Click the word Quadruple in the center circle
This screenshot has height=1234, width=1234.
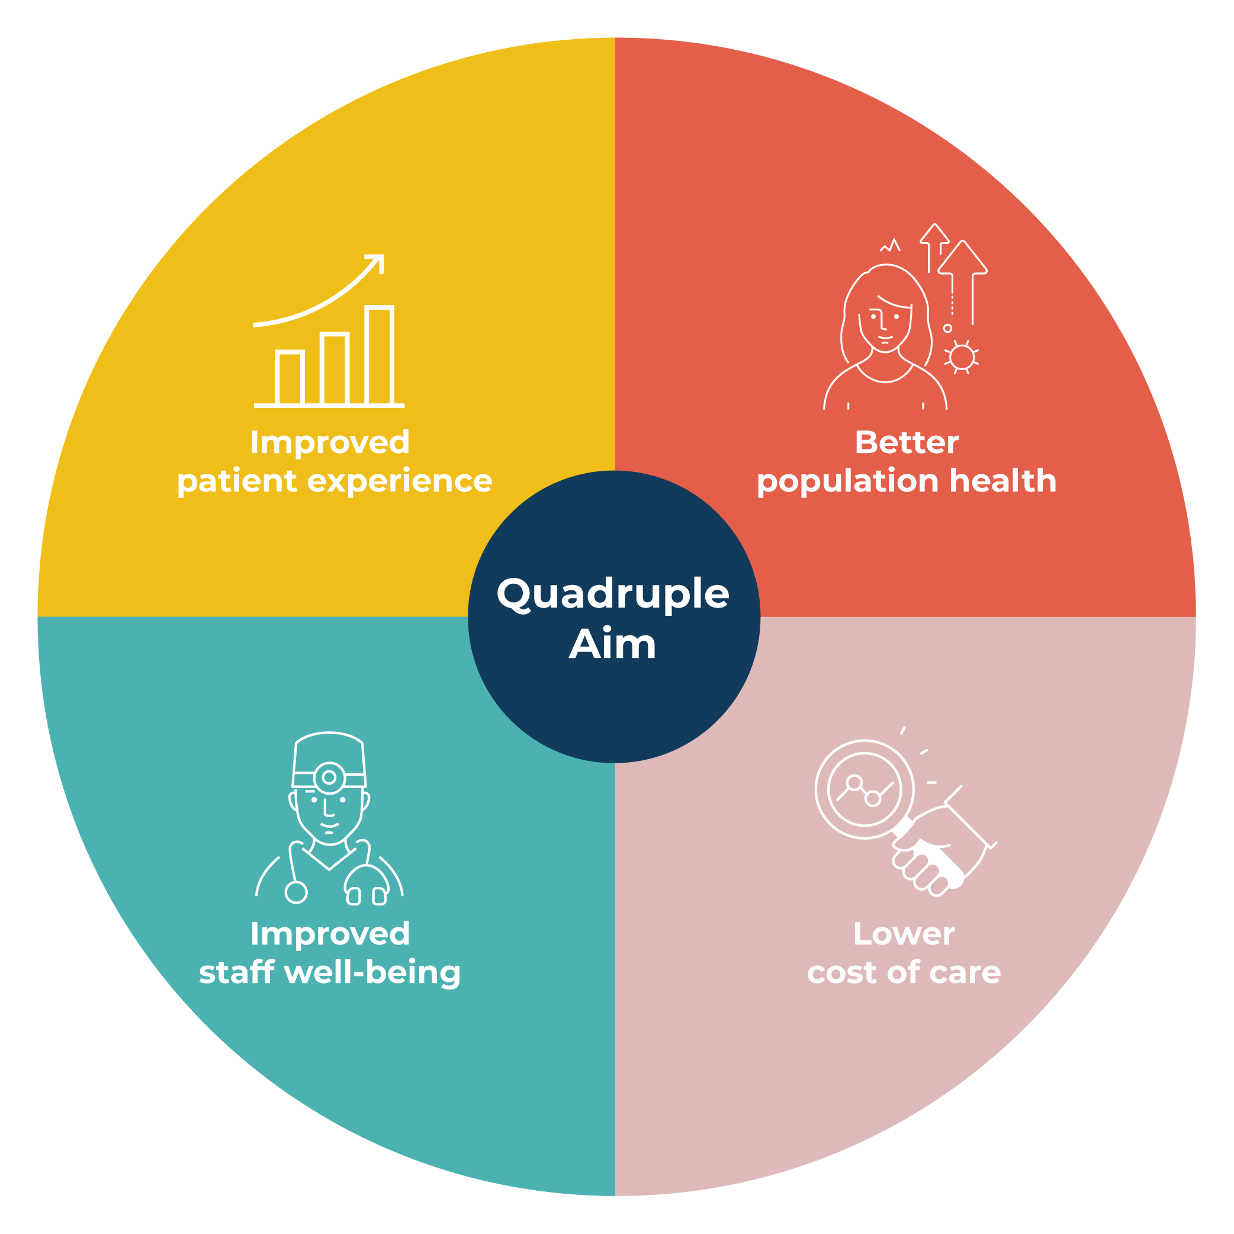(x=613, y=594)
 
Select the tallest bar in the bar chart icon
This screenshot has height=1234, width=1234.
(x=380, y=355)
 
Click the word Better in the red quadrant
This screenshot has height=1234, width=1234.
(x=907, y=443)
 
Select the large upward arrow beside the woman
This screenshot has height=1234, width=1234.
(x=963, y=282)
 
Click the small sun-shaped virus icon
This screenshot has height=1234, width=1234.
(x=961, y=358)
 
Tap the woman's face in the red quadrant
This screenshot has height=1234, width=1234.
(x=885, y=324)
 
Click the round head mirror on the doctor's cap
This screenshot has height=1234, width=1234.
(x=329, y=777)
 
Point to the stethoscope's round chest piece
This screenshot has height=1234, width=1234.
(x=295, y=892)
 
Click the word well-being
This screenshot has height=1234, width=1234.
(x=372, y=973)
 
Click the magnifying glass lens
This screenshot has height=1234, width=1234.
(x=864, y=789)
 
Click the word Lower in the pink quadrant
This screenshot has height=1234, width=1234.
(x=904, y=934)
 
